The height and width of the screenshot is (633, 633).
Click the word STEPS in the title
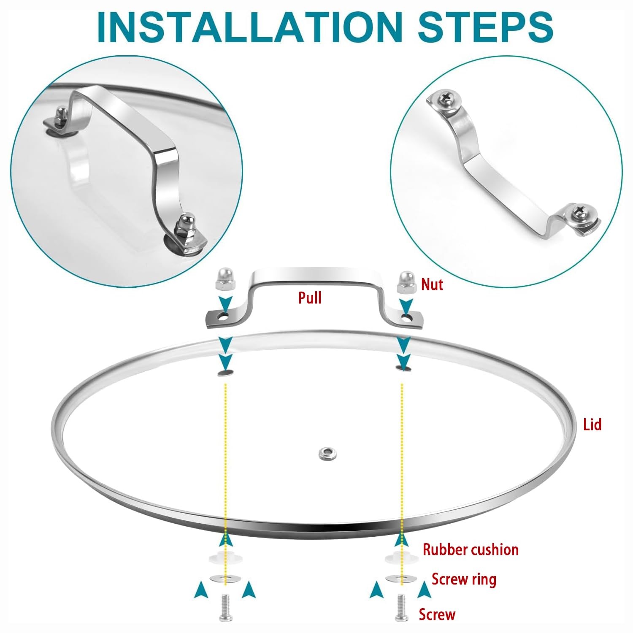[485, 26]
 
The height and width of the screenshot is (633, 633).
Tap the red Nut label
[432, 284]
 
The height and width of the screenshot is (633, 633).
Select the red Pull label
[310, 298]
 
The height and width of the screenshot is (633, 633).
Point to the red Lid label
[592, 424]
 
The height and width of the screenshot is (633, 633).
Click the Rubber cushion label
[471, 549]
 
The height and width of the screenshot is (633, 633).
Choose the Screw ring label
[464, 579]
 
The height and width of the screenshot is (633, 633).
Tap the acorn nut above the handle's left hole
[224, 279]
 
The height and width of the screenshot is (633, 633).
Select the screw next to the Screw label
[401, 607]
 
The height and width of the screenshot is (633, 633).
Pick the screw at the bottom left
[225, 607]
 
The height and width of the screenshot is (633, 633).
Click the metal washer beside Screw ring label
[401, 578]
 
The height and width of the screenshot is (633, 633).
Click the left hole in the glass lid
[226, 373]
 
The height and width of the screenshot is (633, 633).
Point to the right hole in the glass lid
[404, 368]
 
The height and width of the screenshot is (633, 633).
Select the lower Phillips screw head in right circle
[579, 214]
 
